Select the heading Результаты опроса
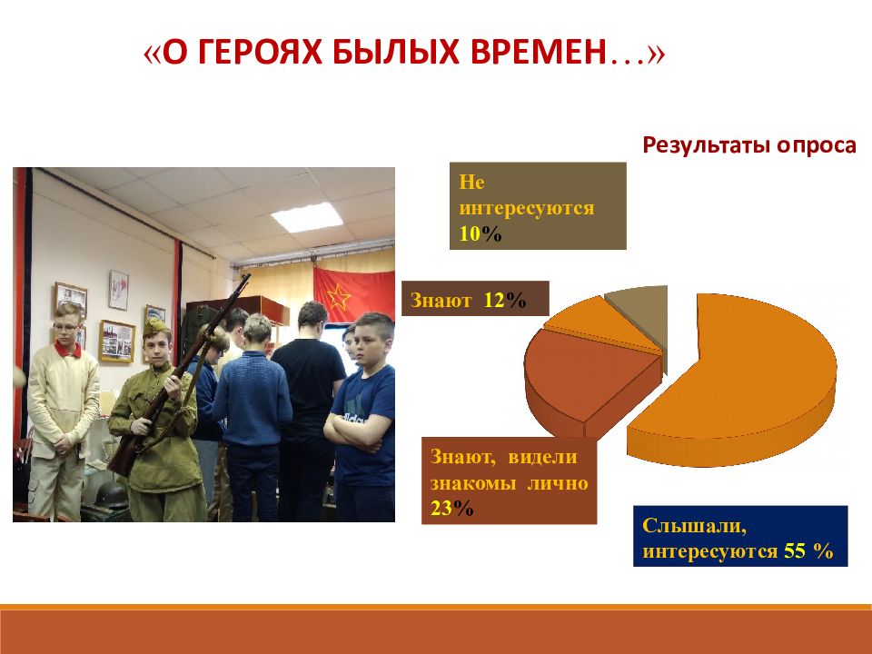(x=749, y=145)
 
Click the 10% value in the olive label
(x=481, y=234)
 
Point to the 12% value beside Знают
(x=505, y=301)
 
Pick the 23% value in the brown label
(x=451, y=508)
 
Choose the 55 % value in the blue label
(x=808, y=550)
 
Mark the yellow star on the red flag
(x=338, y=298)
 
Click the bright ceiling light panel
(x=306, y=217)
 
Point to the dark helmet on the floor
(x=111, y=496)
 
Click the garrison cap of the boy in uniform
(x=156, y=328)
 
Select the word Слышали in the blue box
(x=694, y=526)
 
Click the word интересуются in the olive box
(x=527, y=208)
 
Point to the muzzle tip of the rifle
(x=247, y=275)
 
